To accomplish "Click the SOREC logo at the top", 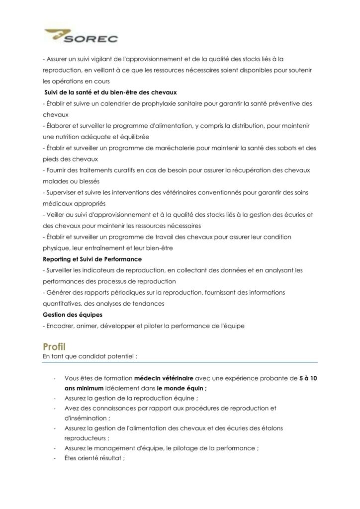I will [82, 36].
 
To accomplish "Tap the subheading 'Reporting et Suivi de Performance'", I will [92, 259].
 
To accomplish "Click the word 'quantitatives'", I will [63, 304].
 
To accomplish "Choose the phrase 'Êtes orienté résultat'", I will [93, 459].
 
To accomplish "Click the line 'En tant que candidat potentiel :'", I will [90, 356].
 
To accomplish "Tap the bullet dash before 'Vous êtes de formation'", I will [54, 379].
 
